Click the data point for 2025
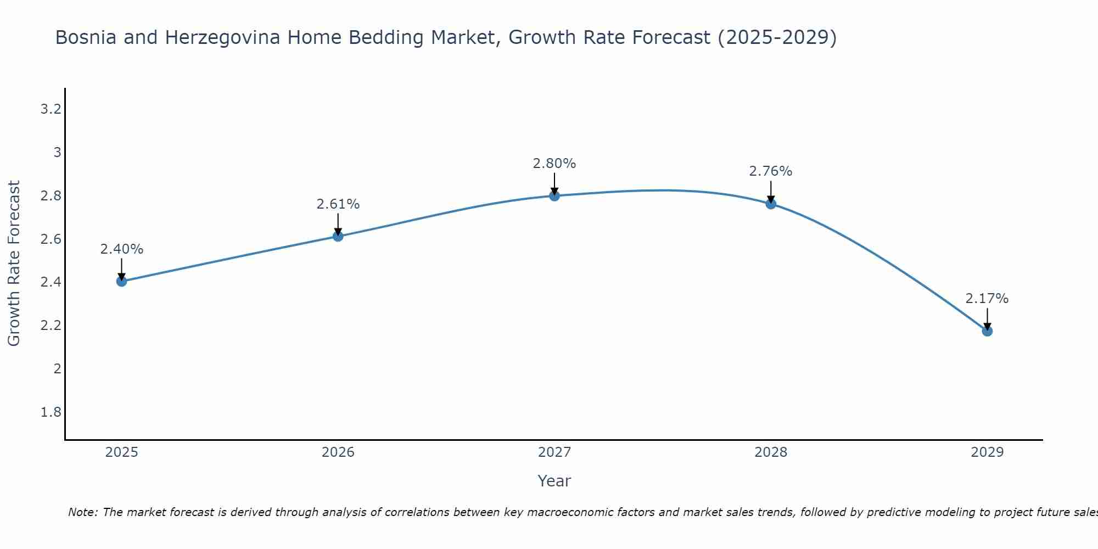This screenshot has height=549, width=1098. click(121, 282)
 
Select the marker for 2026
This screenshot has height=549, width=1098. click(338, 237)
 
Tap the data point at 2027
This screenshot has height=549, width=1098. click(554, 196)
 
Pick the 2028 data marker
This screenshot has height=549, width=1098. click(771, 204)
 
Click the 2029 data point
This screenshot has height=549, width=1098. click(987, 331)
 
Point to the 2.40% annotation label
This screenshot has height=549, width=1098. click(121, 249)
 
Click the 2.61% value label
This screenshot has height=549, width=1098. click(338, 204)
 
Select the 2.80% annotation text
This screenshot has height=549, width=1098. click(554, 164)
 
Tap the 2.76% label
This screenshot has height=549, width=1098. click(771, 171)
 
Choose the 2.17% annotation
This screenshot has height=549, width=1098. click(987, 299)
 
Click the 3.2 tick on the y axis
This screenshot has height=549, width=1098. click(51, 109)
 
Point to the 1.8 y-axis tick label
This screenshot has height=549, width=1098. click(51, 412)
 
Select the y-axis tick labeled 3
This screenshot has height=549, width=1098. click(57, 153)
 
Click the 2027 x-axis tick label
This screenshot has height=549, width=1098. click(554, 452)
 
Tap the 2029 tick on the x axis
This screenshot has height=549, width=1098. click(987, 452)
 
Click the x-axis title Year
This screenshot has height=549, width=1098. click(554, 481)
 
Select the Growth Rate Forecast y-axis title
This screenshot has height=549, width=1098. click(14, 264)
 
